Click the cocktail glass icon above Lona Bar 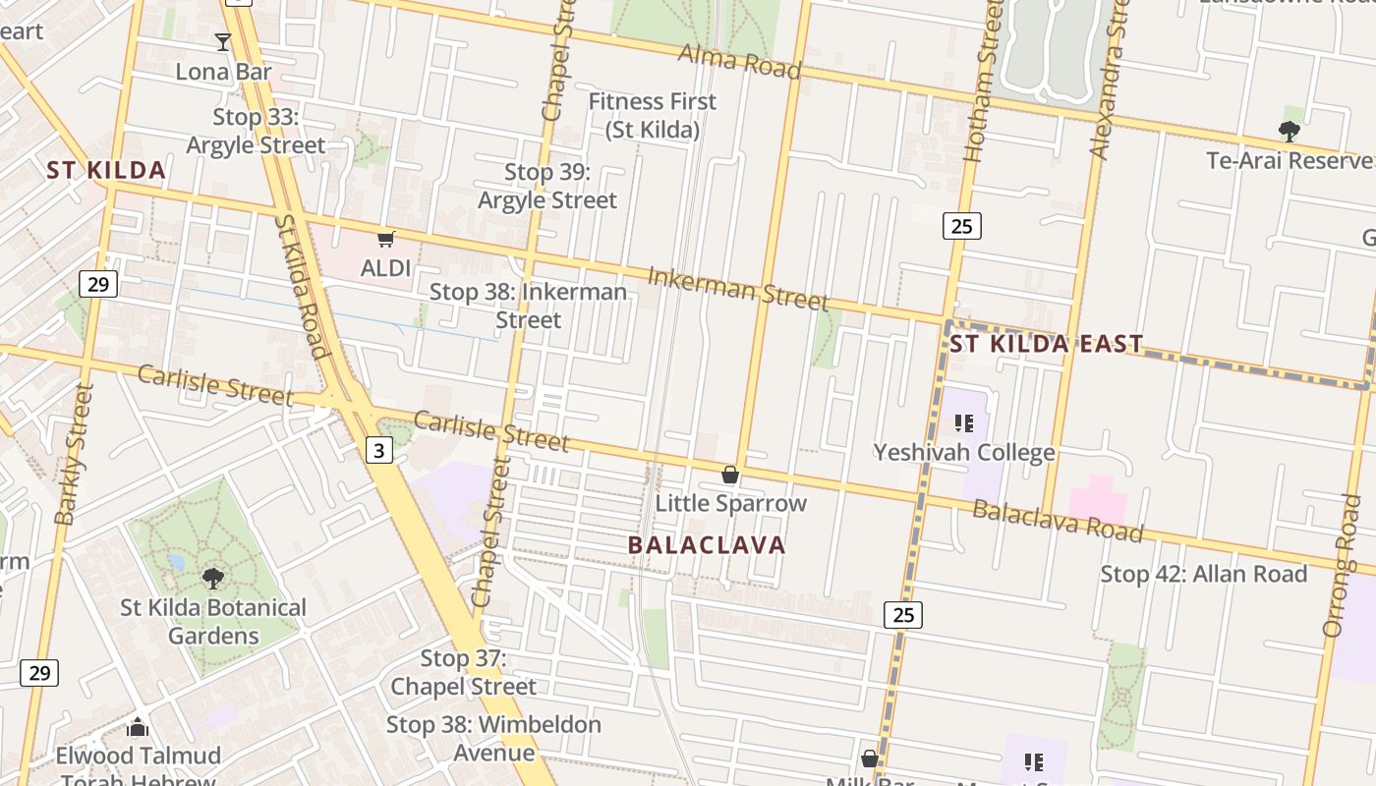click(x=223, y=42)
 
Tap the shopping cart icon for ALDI click(x=386, y=239)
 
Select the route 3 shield click(x=379, y=450)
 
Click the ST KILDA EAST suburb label click(x=1046, y=344)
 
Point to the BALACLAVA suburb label click(x=707, y=545)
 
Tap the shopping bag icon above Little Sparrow click(x=730, y=476)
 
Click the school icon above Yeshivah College click(x=963, y=423)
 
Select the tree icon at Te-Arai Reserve click(x=1289, y=131)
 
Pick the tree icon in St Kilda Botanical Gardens click(x=212, y=578)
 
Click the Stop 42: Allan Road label click(x=1203, y=574)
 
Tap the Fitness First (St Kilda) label click(x=653, y=115)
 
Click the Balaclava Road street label click(x=1058, y=521)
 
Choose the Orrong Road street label click(x=1340, y=565)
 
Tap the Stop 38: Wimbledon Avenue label click(x=493, y=739)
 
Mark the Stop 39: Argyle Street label click(x=547, y=186)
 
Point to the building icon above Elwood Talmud click(x=138, y=727)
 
